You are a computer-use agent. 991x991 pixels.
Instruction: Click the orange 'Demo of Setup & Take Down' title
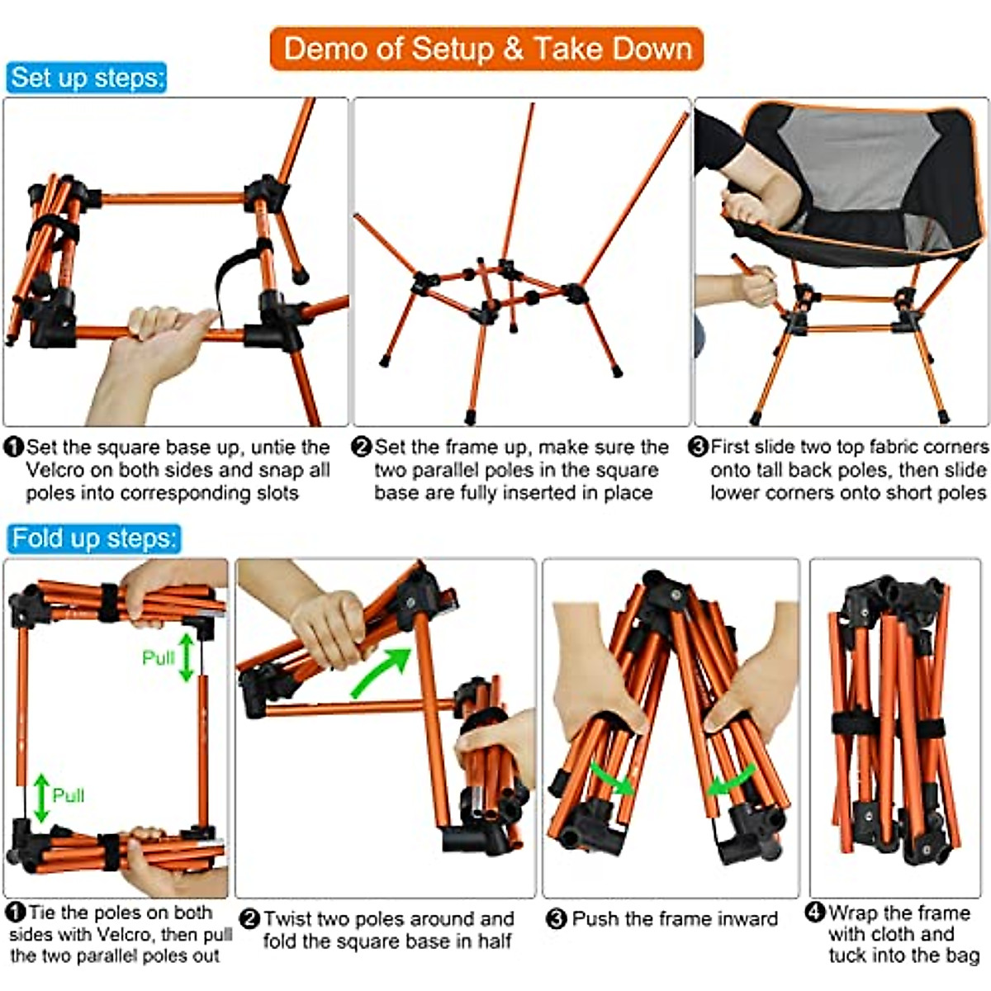tap(487, 49)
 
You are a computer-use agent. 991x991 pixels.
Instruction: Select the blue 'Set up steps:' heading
tap(87, 78)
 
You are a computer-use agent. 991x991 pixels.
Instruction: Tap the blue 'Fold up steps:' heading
tap(93, 538)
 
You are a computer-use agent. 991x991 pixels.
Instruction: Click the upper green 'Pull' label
tap(158, 658)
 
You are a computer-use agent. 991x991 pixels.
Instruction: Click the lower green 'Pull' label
tap(68, 795)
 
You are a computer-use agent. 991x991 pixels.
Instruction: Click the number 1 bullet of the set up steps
tap(14, 448)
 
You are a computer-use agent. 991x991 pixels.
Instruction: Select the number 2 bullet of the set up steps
tap(362, 448)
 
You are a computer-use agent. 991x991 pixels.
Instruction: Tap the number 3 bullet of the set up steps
tap(699, 447)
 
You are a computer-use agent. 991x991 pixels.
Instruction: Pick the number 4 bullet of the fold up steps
tap(815, 913)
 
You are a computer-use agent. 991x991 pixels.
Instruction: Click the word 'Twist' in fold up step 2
tap(290, 919)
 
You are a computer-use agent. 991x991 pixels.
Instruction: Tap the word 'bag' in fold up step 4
tap(962, 956)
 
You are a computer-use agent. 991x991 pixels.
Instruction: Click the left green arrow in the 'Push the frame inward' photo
tap(611, 780)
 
